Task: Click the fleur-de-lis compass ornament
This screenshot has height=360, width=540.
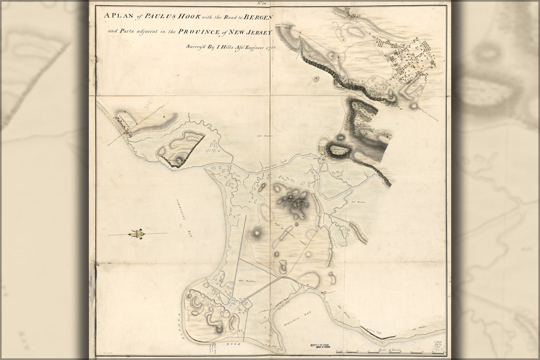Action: click(x=138, y=234)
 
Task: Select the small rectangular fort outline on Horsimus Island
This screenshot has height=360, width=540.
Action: click(x=298, y=204)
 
